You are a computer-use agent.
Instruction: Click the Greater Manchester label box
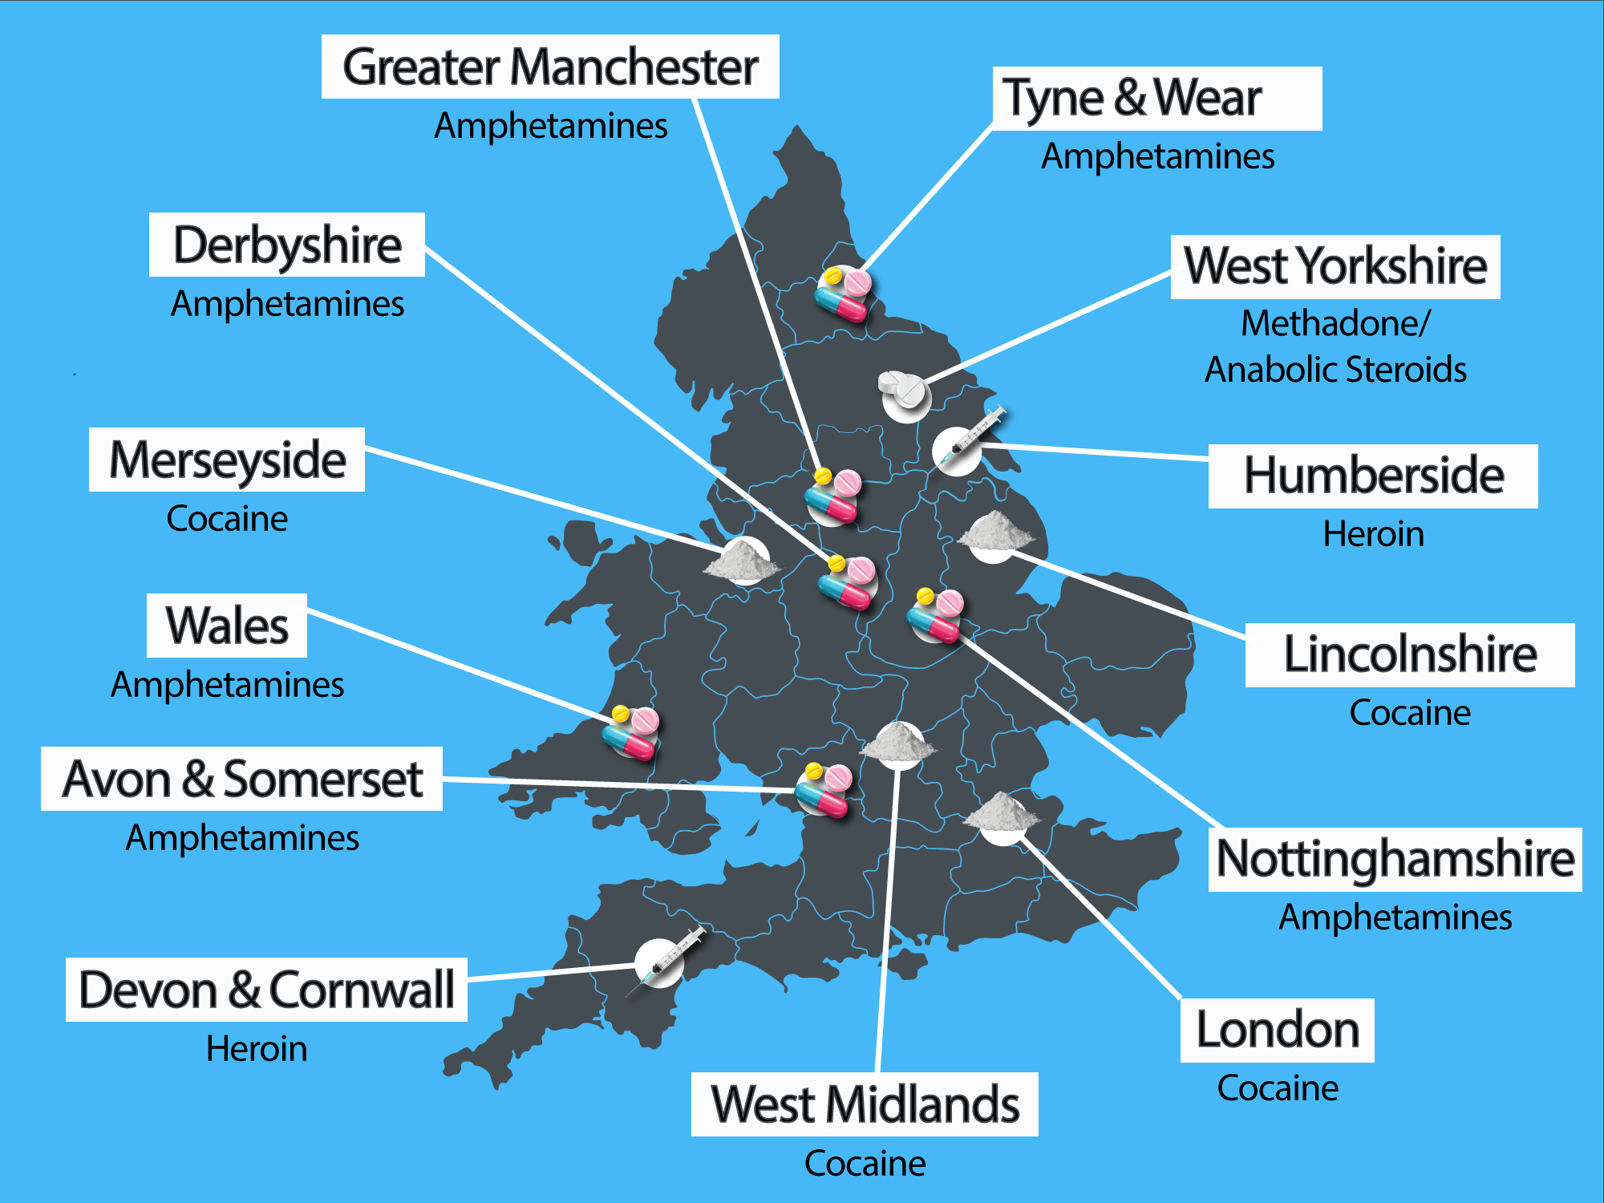coord(550,67)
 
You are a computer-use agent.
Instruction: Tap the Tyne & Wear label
coord(1156,99)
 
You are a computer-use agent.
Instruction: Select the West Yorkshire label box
coord(1335,267)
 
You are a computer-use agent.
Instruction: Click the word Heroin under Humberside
coord(1373,534)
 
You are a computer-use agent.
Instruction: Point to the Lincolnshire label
coord(1409,654)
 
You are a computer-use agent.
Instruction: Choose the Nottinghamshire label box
coord(1395,859)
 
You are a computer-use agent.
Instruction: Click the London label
coord(1277,1030)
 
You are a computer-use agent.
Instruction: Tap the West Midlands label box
coord(865,1104)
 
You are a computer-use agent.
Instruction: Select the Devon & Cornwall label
coord(266,990)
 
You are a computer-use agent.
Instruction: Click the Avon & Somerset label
coord(242,779)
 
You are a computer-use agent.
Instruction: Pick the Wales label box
coord(227,626)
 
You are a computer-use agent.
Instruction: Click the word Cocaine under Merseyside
coord(227,519)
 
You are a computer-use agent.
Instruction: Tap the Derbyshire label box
coord(287,245)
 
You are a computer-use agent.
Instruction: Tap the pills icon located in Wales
coord(631,732)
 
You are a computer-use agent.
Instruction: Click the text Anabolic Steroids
coord(1335,370)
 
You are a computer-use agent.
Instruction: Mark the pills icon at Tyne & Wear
coord(844,294)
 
